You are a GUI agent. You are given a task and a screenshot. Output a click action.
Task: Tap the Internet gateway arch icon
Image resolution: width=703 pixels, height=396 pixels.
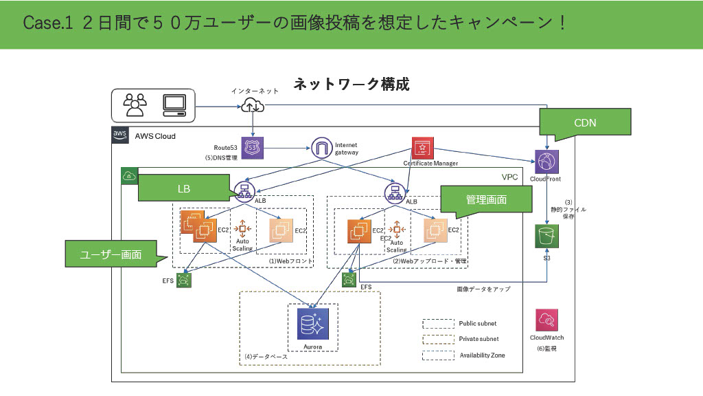[322, 147]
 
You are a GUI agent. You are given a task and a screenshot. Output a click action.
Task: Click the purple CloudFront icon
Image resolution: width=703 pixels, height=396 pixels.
[547, 163]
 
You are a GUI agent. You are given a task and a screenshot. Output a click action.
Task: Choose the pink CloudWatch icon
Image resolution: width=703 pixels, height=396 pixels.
[547, 320]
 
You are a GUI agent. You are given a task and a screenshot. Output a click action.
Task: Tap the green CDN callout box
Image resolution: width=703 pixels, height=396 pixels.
[576, 122]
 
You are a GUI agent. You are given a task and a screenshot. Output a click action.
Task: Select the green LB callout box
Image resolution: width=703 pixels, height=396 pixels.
[183, 187]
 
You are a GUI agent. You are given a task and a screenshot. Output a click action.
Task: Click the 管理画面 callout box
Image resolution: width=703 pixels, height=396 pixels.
[486, 199]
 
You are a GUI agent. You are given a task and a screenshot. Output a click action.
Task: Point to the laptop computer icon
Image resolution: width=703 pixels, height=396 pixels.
[174, 104]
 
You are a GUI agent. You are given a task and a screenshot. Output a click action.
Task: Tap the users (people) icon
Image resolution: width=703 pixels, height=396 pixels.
[135, 104]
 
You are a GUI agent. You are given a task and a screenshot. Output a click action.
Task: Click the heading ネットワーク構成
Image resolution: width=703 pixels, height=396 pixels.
[351, 85]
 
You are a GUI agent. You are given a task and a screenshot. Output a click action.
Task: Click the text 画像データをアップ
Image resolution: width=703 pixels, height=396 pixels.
[483, 289]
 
